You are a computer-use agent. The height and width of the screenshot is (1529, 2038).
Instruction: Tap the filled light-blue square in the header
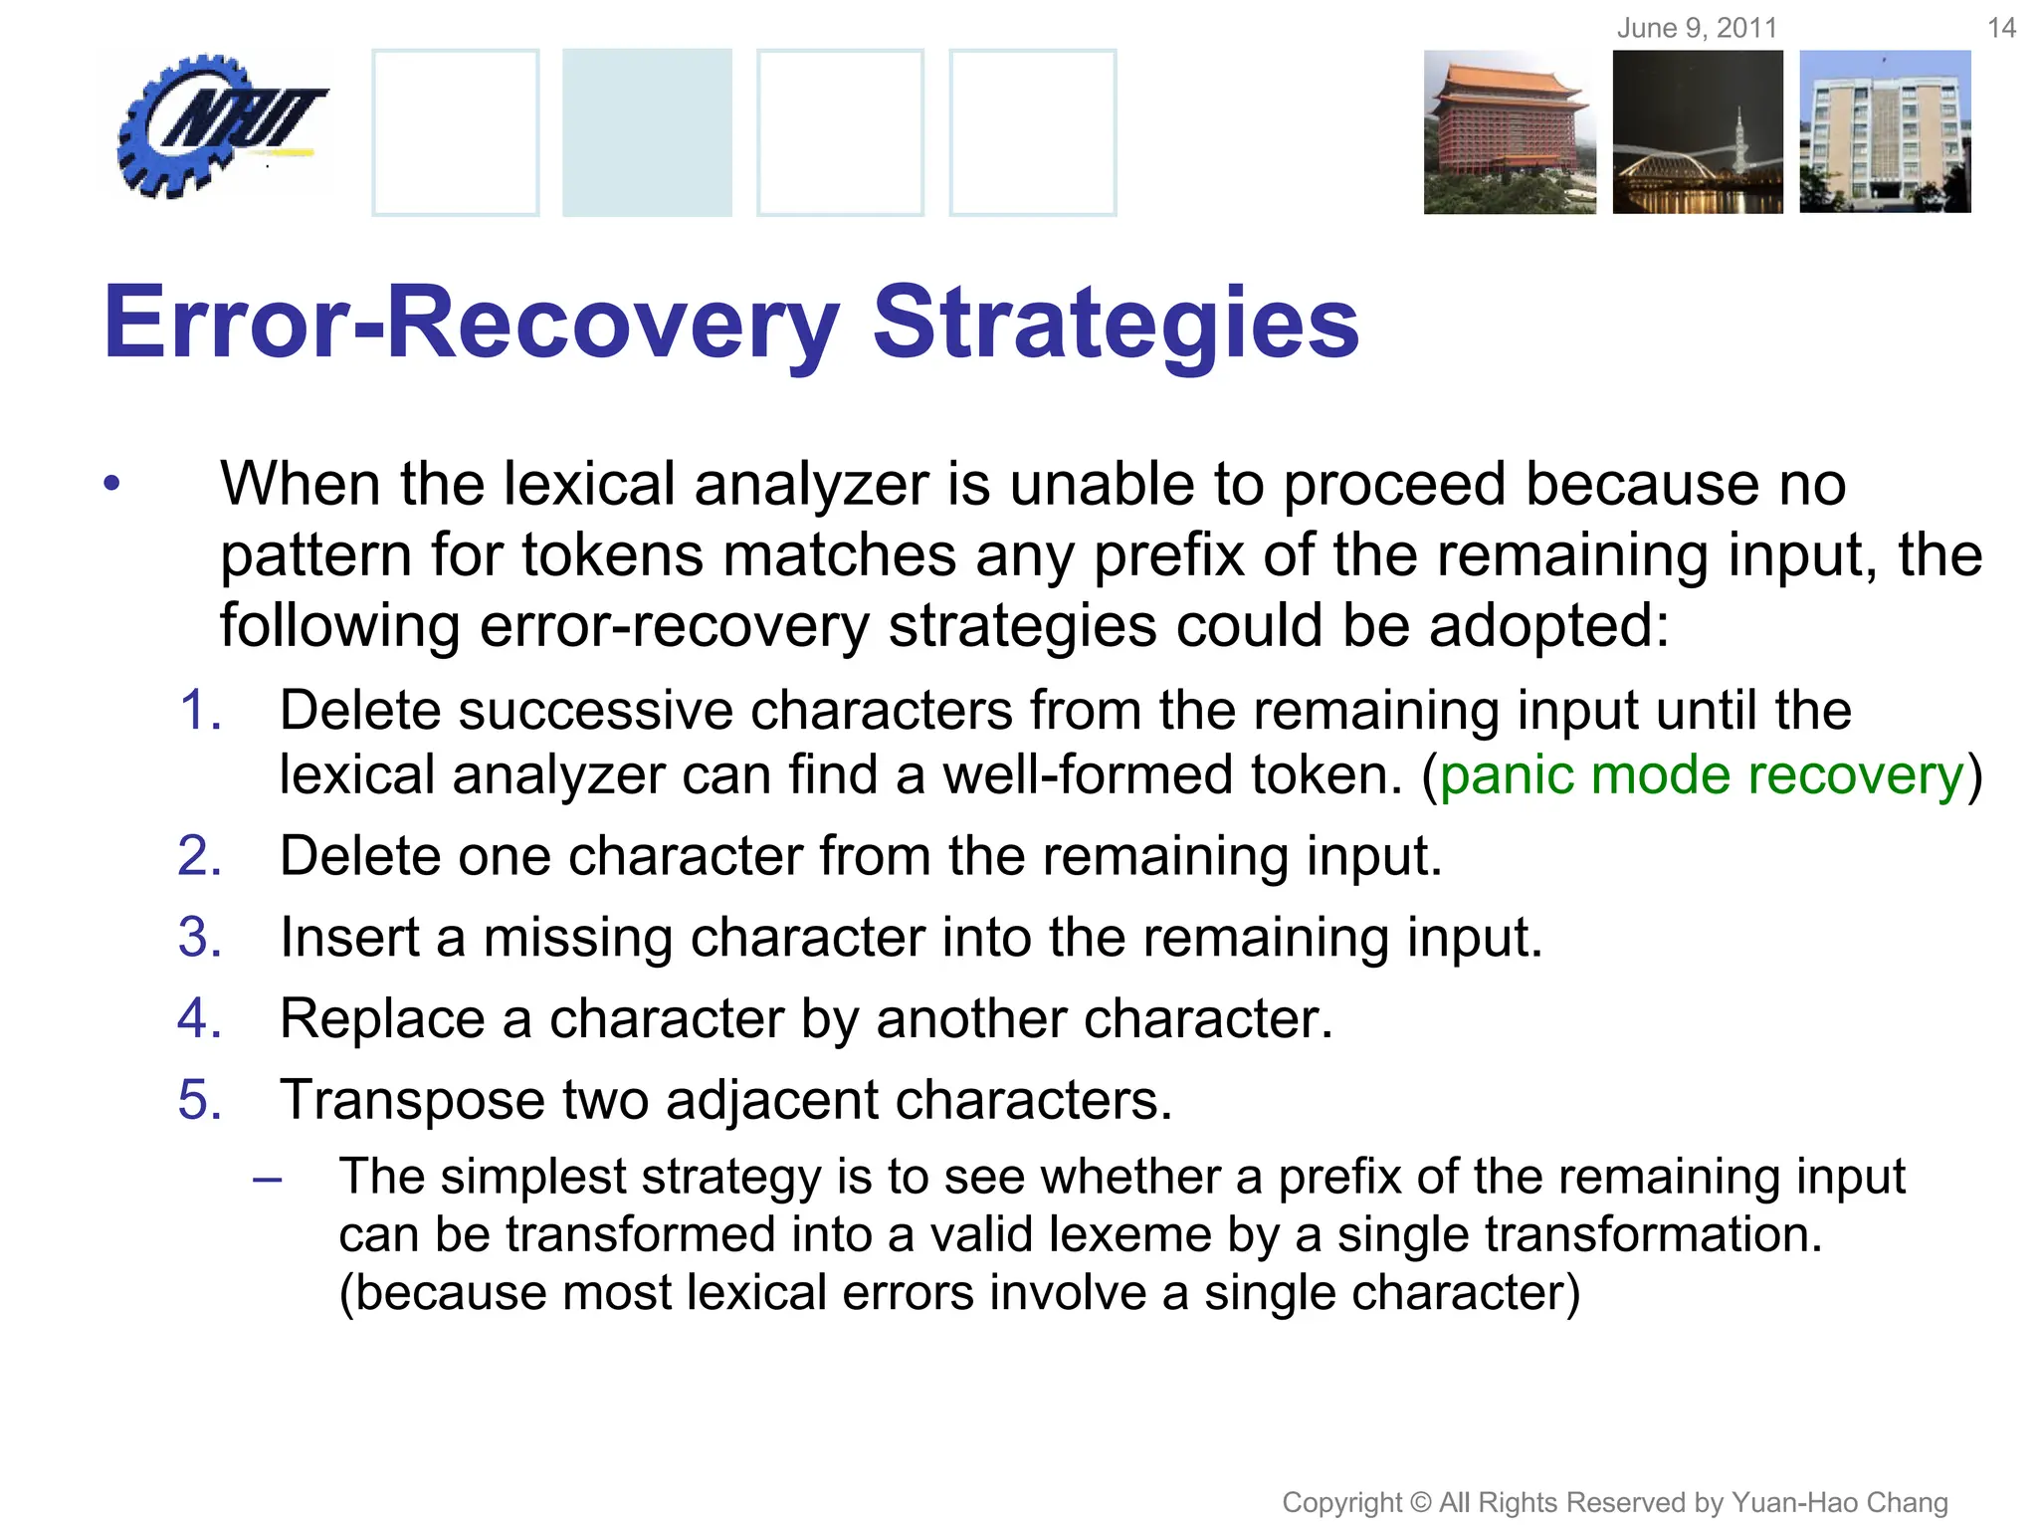647,131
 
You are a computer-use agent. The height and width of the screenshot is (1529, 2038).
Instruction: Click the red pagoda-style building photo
1509,131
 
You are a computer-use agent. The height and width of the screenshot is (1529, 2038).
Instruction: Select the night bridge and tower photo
1698,131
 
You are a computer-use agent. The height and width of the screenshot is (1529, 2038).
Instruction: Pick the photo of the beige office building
1885,131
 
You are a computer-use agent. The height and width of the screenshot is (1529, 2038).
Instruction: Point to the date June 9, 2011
1697,28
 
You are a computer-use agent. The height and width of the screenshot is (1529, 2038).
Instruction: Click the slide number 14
2001,28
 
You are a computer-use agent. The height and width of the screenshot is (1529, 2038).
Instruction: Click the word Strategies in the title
1116,323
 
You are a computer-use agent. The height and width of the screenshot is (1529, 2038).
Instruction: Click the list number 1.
199,711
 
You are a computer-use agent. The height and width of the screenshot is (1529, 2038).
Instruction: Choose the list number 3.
199,938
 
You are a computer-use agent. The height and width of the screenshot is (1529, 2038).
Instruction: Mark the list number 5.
199,1100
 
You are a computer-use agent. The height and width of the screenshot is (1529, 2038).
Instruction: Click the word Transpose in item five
412,1101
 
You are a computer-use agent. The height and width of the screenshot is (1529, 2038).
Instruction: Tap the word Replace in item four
382,1019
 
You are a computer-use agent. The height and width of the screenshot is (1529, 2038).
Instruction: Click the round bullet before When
111,485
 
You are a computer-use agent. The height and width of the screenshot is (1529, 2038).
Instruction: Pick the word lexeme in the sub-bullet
1129,1235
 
